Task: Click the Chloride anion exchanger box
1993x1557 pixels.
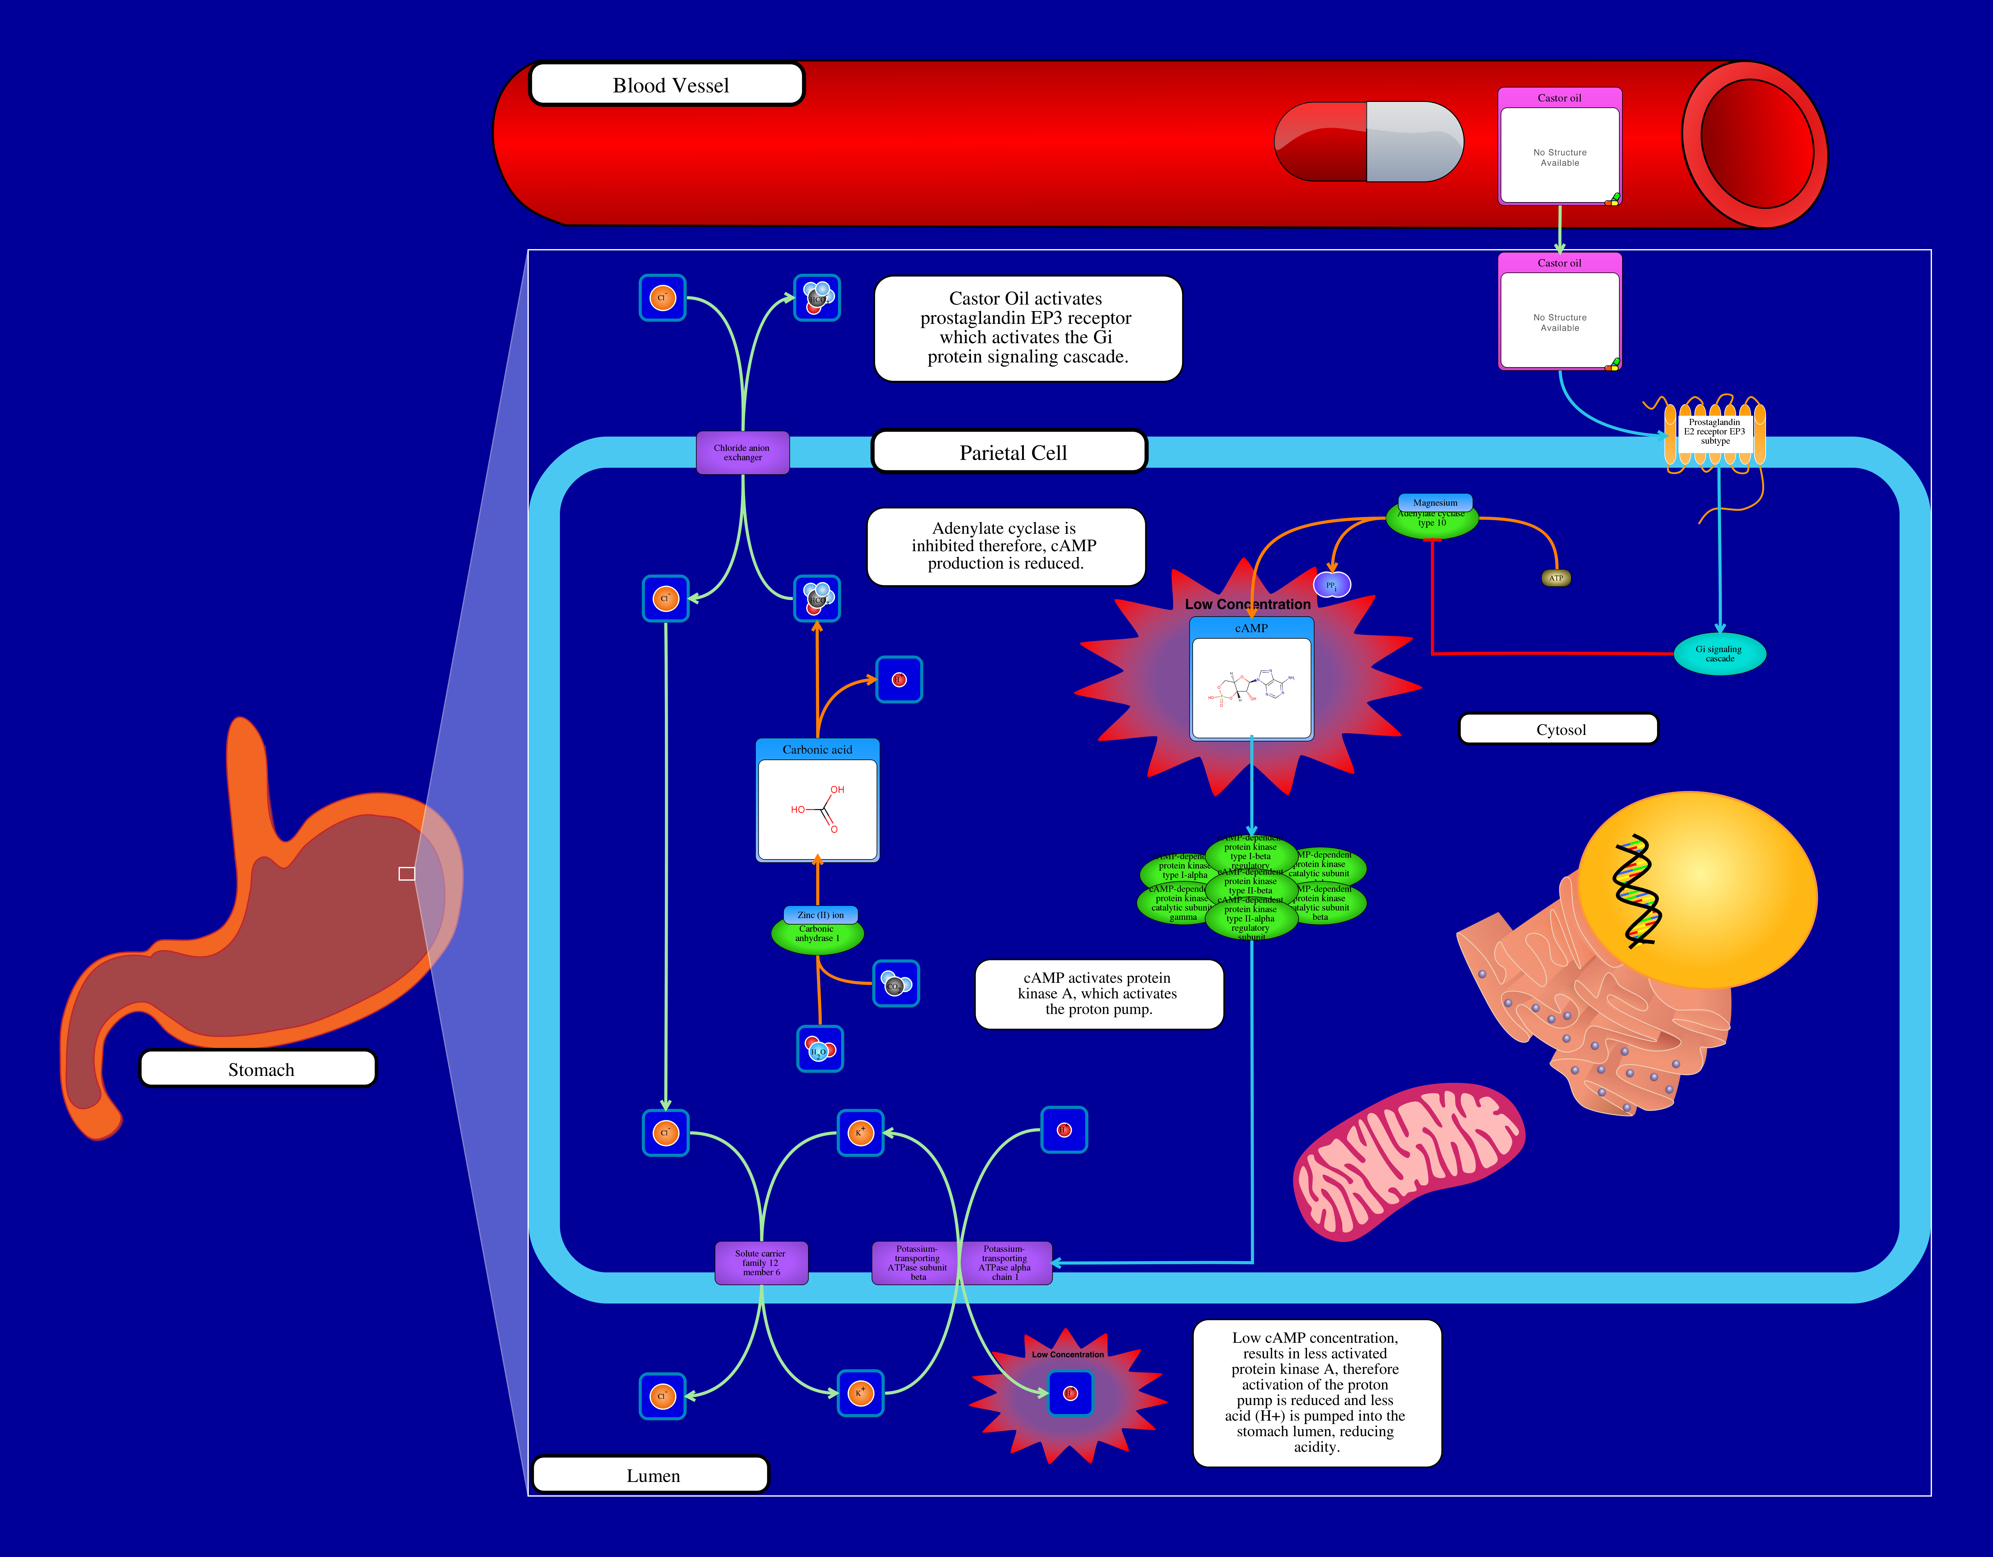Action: pyautogui.click(x=742, y=453)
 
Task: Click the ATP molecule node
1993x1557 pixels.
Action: pyautogui.click(x=1556, y=578)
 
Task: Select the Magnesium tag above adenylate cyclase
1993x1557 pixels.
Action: pyautogui.click(x=1435, y=502)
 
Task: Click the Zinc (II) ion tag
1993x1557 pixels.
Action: pyautogui.click(x=820, y=915)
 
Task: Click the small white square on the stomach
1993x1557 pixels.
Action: pyautogui.click(x=407, y=873)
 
